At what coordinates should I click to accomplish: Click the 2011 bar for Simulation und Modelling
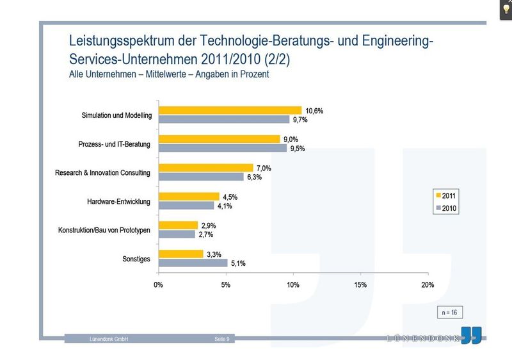pyautogui.click(x=230, y=110)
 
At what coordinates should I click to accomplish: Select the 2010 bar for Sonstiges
pyautogui.click(x=193, y=263)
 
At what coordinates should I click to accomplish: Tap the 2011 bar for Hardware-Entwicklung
pyautogui.click(x=189, y=197)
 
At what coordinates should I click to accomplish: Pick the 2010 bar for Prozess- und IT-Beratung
pyautogui.click(x=223, y=148)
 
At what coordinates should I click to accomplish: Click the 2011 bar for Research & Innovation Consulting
pyautogui.click(x=205, y=168)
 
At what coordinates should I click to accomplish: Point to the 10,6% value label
pyautogui.click(x=315, y=110)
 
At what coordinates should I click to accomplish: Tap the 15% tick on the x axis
pyautogui.click(x=360, y=284)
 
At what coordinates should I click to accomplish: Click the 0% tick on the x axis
pyautogui.click(x=158, y=284)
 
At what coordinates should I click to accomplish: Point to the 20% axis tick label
pyautogui.click(x=428, y=284)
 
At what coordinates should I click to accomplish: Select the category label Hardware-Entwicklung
pyautogui.click(x=118, y=202)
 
